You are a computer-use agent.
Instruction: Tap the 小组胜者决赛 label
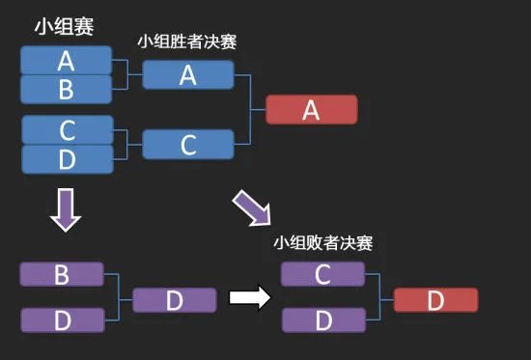click(187, 42)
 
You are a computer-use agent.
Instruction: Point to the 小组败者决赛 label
click(323, 243)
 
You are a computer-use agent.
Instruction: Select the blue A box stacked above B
click(67, 61)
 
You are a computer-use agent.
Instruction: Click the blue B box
click(67, 89)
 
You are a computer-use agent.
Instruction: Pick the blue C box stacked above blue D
click(67, 129)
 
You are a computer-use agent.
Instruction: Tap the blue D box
click(67, 158)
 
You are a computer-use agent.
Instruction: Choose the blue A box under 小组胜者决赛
click(188, 75)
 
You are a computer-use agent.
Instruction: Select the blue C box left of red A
click(188, 145)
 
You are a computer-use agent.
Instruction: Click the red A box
click(311, 110)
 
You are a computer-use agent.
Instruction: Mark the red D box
click(435, 300)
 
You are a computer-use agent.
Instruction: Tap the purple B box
click(61, 274)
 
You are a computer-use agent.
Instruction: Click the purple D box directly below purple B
click(61, 319)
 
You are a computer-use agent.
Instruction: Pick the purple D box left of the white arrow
click(174, 300)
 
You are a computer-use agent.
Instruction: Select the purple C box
click(323, 274)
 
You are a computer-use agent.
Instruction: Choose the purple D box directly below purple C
click(323, 319)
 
